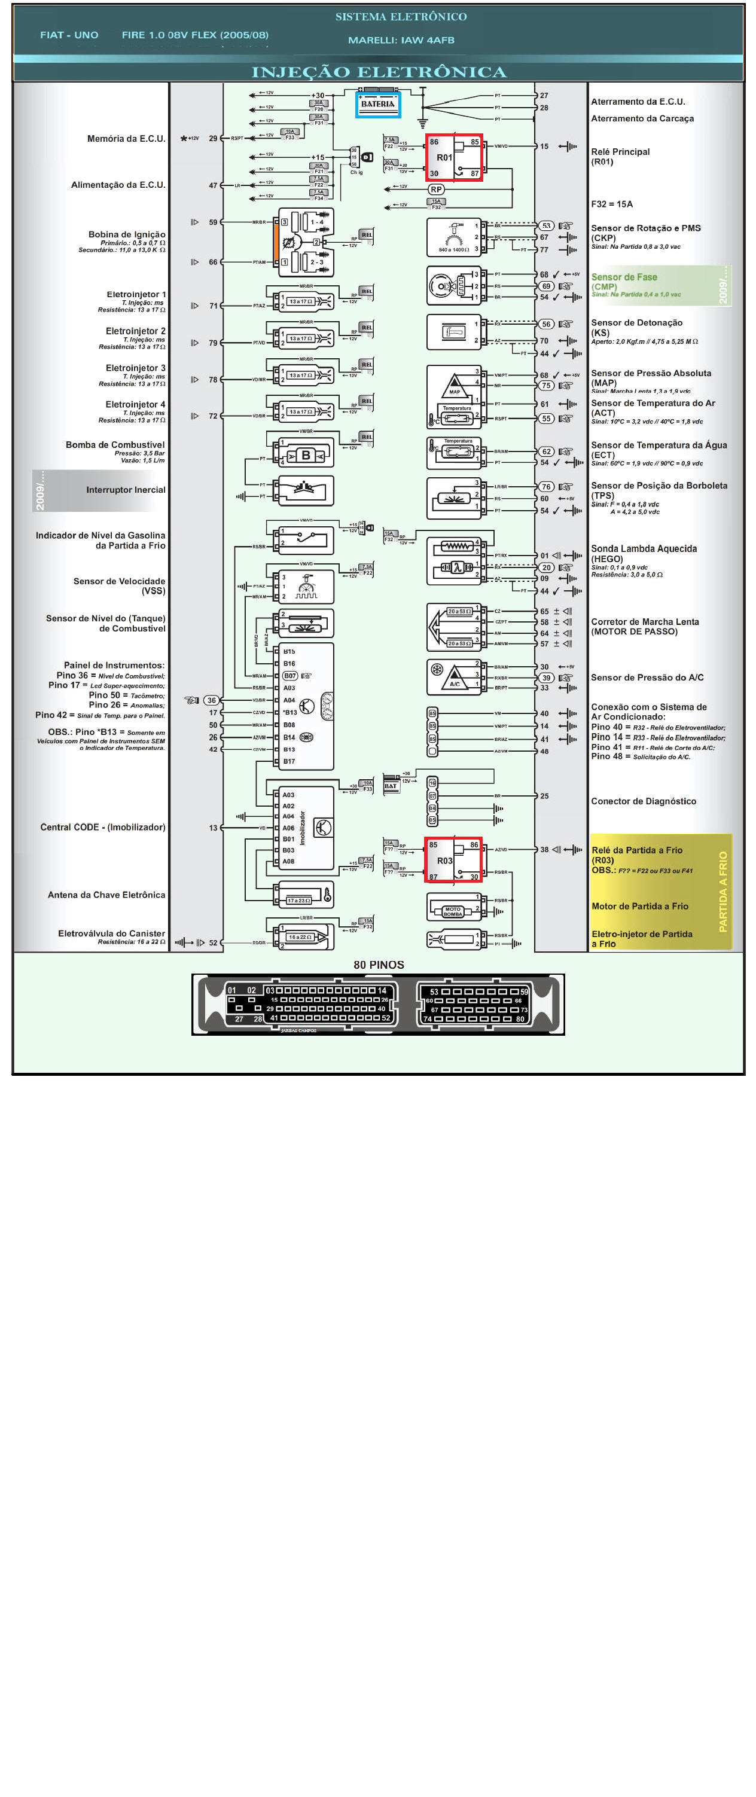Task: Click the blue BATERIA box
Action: (x=377, y=105)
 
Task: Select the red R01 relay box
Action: (x=454, y=158)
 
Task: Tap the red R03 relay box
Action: (x=453, y=860)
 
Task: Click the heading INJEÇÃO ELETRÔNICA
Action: (x=379, y=72)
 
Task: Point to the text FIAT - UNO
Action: (x=69, y=35)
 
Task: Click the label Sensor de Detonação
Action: (x=636, y=323)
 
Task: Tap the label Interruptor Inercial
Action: (x=126, y=490)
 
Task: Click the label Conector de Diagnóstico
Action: (x=643, y=801)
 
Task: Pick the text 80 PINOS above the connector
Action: (x=378, y=965)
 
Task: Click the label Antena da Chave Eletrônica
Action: (x=106, y=895)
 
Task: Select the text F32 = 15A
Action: (x=612, y=205)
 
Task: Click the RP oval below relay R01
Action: (x=436, y=190)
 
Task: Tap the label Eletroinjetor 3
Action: (x=135, y=368)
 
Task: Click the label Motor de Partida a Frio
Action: (x=639, y=906)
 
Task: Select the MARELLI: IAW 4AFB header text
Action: (x=401, y=41)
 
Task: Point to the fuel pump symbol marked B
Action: (x=306, y=456)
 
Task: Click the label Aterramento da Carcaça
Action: (x=642, y=118)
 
